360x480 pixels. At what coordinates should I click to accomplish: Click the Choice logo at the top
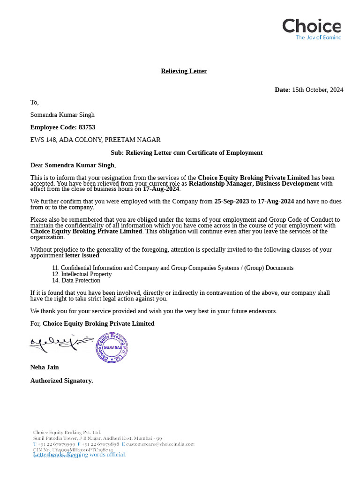(x=311, y=26)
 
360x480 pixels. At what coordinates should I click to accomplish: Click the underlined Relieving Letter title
(x=184, y=71)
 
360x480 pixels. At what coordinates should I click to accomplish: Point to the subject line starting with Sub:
(x=186, y=153)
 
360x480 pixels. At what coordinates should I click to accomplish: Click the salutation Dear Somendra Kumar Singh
(x=73, y=165)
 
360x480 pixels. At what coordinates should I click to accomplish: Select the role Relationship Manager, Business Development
(x=254, y=184)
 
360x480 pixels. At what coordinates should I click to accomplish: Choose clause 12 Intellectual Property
(x=82, y=274)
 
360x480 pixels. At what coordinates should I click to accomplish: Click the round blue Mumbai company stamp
(x=112, y=347)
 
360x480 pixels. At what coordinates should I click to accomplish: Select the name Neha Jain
(x=45, y=367)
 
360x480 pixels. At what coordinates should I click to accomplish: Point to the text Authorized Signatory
(x=61, y=381)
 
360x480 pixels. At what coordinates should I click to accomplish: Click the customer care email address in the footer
(x=160, y=443)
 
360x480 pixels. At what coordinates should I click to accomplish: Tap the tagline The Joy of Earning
(x=318, y=37)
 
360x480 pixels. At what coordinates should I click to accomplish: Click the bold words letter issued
(x=82, y=256)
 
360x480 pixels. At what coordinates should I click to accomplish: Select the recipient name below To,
(x=62, y=115)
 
